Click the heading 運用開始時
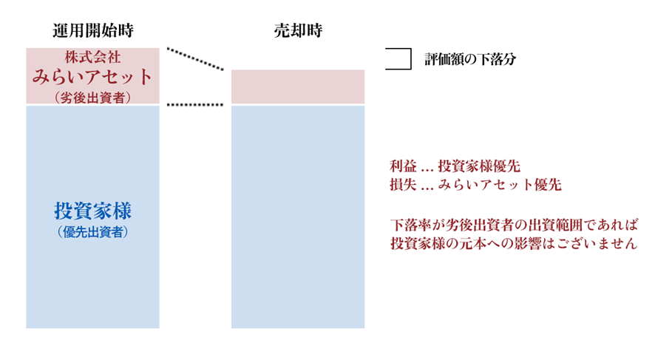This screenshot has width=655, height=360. click(92, 30)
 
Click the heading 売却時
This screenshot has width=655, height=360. click(298, 30)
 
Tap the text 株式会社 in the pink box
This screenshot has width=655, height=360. click(92, 57)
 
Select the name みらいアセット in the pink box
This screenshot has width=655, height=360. click(92, 77)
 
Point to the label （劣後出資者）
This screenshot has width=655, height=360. click(92, 98)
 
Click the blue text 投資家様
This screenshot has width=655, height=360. click(92, 211)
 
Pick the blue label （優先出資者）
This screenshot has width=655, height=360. click(92, 232)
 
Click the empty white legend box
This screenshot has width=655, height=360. click(398, 59)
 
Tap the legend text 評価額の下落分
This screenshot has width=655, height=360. click(470, 59)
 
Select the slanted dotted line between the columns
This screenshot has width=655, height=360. click(195, 59)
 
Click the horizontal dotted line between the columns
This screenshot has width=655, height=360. click(195, 105)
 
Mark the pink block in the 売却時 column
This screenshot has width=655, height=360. click(298, 87)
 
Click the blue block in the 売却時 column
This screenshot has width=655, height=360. click(298, 217)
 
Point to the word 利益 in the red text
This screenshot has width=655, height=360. click(403, 166)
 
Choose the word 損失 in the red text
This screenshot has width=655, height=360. click(403, 185)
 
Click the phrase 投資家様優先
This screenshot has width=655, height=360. click(479, 166)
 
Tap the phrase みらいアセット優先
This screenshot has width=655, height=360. click(500, 185)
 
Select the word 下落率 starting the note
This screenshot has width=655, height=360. click(410, 225)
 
